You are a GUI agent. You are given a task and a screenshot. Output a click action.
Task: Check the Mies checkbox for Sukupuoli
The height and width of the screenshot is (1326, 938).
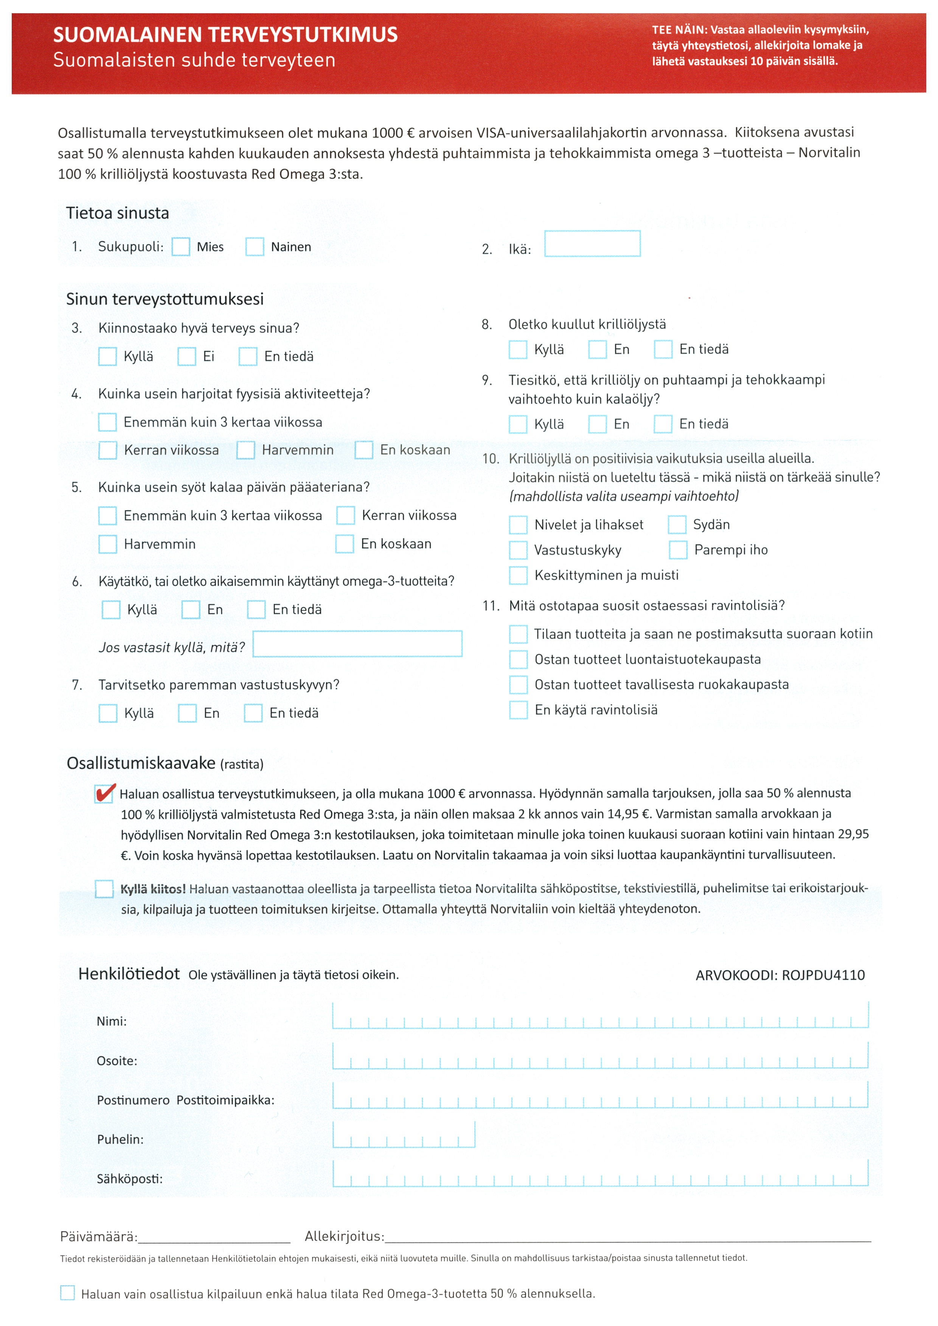[181, 247]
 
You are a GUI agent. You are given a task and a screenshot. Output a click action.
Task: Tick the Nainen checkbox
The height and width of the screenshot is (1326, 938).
[255, 247]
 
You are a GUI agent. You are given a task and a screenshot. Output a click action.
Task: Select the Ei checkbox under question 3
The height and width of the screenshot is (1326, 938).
[186, 356]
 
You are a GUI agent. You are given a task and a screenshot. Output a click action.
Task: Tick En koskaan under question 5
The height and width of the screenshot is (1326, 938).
[345, 544]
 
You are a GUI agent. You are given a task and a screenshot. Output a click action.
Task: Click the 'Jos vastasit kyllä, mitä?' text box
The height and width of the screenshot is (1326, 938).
[357, 644]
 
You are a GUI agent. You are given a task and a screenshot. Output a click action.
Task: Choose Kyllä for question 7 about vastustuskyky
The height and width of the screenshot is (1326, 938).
[108, 713]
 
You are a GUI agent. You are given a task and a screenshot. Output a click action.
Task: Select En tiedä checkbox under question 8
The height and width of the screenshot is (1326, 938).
[663, 349]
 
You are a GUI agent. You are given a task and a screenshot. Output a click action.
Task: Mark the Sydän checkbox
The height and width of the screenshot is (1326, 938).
[677, 524]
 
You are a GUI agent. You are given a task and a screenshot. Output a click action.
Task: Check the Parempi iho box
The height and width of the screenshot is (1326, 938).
[678, 550]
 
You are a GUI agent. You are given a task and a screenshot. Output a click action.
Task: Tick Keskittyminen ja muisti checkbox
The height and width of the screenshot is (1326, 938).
[518, 575]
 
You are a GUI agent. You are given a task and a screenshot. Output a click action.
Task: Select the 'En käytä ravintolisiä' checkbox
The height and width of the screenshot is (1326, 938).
[518, 710]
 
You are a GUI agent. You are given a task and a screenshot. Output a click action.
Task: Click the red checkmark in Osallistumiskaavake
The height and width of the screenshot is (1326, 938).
[104, 794]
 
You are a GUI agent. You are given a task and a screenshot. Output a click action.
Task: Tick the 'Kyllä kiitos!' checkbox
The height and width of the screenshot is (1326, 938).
[104, 889]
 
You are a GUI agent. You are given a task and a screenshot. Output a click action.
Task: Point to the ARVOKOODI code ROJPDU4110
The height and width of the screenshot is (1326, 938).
[823, 976]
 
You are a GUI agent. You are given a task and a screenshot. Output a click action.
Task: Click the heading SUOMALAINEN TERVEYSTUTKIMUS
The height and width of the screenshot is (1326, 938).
[225, 35]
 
